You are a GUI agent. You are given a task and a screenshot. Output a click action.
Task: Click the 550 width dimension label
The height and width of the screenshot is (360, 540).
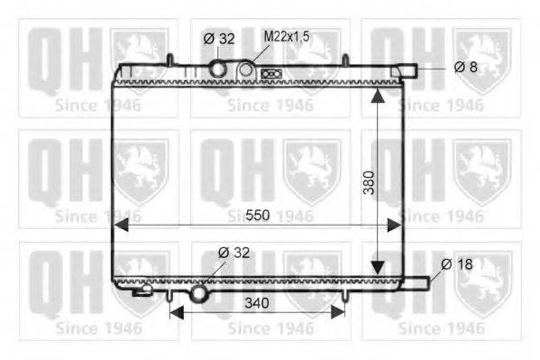point(258,215)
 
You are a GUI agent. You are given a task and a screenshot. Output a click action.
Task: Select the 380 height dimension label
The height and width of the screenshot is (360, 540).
point(369,182)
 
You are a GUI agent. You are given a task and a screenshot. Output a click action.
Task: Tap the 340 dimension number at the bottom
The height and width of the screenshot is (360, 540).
point(257,303)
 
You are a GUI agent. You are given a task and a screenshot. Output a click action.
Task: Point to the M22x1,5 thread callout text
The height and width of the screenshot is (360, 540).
point(287,36)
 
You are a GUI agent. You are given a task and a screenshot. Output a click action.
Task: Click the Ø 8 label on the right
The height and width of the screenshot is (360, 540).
point(465,67)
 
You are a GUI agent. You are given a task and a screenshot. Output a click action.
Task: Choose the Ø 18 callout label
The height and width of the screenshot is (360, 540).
point(457,264)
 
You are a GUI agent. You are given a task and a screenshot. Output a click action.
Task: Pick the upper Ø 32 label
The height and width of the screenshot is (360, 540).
point(219,38)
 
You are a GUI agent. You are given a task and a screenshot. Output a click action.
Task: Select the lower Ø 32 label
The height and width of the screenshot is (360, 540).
point(233,253)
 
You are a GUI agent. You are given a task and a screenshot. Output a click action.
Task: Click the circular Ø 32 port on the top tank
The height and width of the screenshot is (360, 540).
point(218,69)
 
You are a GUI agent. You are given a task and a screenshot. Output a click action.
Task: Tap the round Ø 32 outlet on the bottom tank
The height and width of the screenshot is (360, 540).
point(199,293)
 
